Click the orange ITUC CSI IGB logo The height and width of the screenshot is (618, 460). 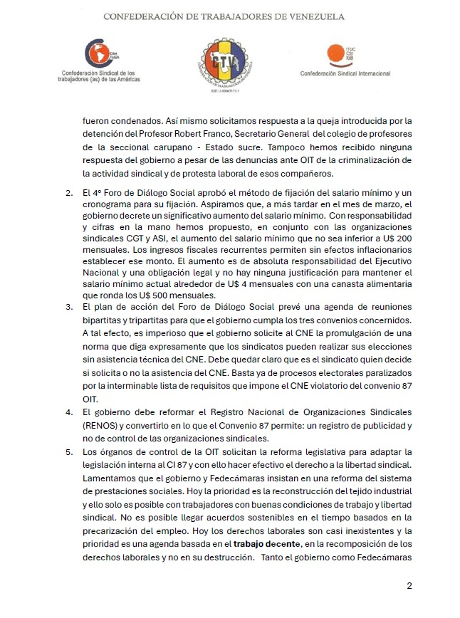pos(335,55)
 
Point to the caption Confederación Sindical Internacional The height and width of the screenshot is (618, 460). pos(345,73)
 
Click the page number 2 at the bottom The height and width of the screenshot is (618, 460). pos(409,586)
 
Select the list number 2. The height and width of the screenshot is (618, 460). pos(69,194)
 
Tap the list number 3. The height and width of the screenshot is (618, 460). pos(69,308)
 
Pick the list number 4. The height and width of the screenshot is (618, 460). pos(69,412)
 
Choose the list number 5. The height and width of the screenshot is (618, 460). pos(69,451)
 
